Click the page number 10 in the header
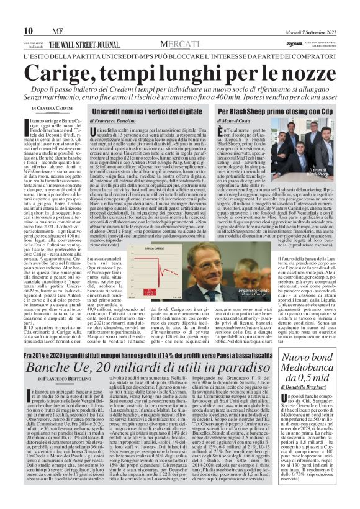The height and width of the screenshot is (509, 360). (x=28, y=30)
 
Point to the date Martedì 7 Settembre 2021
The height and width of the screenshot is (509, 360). (x=315, y=30)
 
